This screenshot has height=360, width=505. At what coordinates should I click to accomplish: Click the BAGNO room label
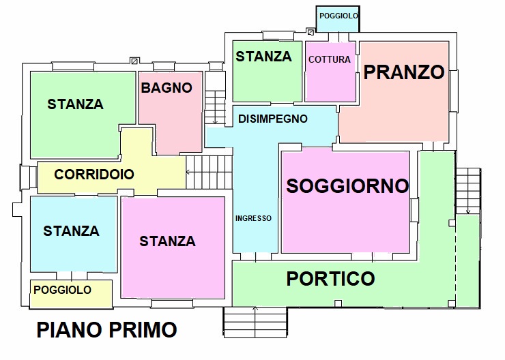167,88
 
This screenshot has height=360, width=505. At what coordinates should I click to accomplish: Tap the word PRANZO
404,72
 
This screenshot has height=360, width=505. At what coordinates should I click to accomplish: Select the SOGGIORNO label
347,185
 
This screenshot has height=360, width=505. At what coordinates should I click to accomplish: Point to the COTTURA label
330,59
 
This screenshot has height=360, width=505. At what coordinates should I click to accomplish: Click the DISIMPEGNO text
272,119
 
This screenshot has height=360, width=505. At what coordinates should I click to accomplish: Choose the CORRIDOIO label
94,175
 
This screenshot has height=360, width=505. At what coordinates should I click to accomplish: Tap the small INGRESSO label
253,219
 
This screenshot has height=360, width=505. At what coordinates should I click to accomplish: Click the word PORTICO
330,278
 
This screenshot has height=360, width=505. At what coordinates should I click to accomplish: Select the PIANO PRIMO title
106,330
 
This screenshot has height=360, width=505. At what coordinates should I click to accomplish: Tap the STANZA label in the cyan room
71,231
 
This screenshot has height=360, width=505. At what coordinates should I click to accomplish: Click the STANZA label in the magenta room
167,241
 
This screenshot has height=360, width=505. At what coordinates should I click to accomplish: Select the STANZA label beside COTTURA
263,57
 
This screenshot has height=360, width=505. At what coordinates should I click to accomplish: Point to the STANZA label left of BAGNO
75,104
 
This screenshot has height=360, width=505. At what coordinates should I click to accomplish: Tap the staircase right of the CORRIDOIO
210,170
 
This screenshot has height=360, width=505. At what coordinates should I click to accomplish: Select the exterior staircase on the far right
468,191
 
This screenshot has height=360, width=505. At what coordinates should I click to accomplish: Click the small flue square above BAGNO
134,61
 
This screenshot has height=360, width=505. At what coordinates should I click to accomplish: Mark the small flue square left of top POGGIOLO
311,31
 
